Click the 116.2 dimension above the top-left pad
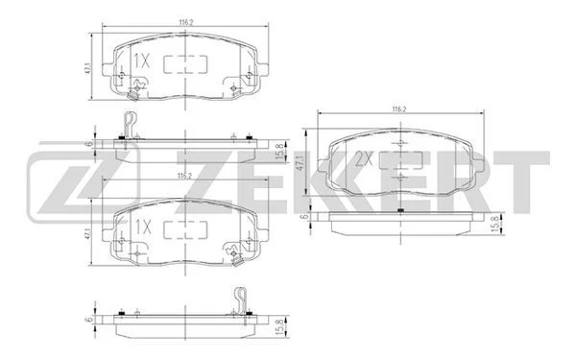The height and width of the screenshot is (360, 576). click(186, 22)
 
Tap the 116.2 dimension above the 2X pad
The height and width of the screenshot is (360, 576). click(400, 109)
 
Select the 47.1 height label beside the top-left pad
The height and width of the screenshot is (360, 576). click(87, 67)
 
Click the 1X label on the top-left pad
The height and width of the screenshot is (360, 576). click(141, 60)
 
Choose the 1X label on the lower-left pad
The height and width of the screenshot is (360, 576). click(142, 228)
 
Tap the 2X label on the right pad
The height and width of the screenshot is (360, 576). click(364, 159)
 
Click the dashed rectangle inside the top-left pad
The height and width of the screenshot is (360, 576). click(185, 64)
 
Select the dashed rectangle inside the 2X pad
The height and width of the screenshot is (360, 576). click(401, 160)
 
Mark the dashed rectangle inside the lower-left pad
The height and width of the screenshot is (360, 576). click(185, 230)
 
